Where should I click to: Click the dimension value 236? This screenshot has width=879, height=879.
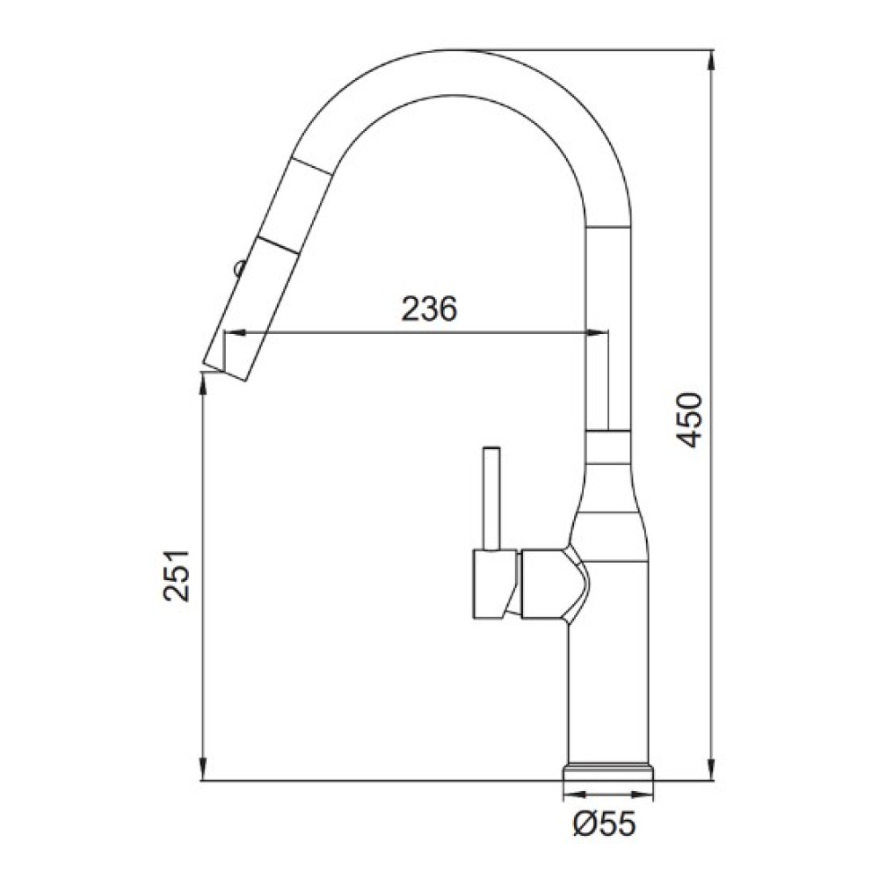[x=430, y=309]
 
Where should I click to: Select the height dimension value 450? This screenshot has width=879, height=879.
[x=689, y=420]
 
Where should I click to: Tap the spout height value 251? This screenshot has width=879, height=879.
[x=178, y=576]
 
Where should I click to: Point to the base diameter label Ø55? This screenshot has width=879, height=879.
[x=605, y=825]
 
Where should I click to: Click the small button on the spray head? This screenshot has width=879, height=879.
[x=239, y=267]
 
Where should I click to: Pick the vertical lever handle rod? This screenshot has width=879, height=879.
[x=491, y=498]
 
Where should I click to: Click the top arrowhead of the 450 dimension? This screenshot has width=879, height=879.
[x=712, y=60]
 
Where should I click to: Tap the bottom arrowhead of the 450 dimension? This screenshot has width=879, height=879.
[x=712, y=770]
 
